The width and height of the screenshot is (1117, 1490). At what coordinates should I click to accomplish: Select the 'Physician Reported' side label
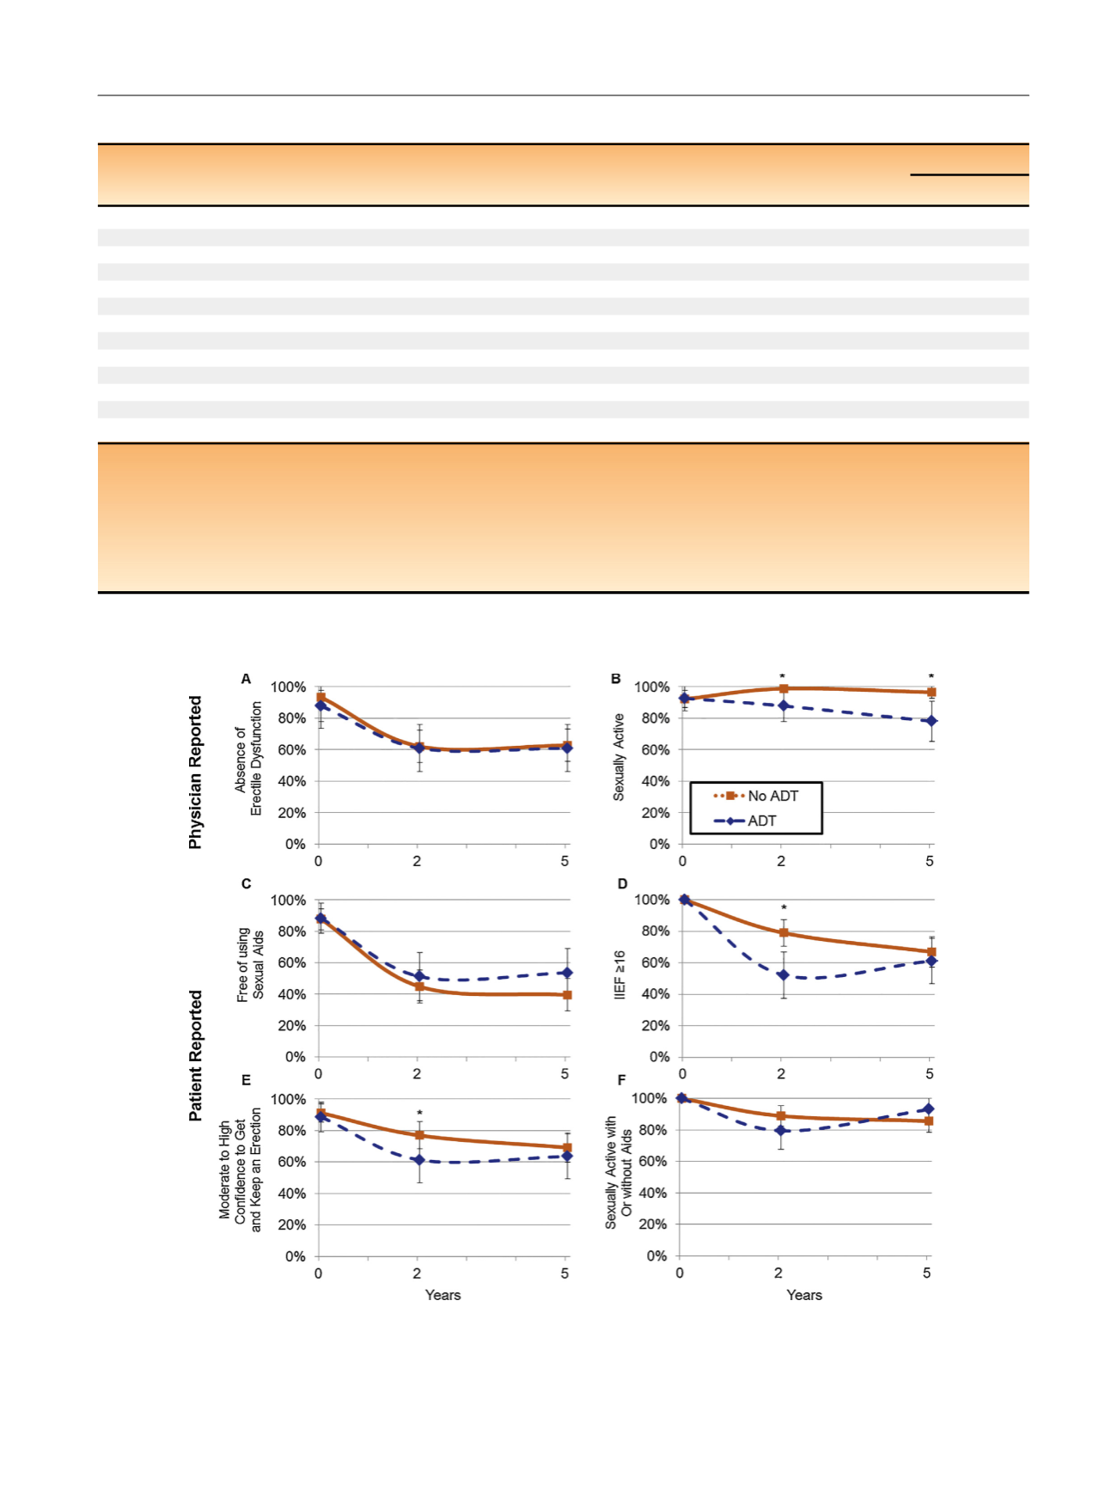(x=196, y=772)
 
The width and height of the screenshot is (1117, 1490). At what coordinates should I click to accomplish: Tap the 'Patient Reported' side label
(x=196, y=1055)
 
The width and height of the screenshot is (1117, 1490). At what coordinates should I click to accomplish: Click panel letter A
(x=246, y=679)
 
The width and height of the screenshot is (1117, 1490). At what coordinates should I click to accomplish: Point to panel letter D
(x=622, y=883)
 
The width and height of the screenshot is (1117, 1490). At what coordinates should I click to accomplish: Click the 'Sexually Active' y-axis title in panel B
(x=619, y=757)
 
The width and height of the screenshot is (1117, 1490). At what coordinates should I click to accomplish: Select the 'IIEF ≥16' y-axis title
(x=620, y=975)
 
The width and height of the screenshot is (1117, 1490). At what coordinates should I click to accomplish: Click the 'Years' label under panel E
(x=443, y=1295)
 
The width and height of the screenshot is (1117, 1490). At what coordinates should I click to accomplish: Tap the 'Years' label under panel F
(x=804, y=1295)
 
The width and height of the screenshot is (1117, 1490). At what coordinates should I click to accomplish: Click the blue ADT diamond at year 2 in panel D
(x=783, y=975)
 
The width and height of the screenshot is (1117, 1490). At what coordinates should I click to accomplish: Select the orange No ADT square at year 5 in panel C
(x=567, y=995)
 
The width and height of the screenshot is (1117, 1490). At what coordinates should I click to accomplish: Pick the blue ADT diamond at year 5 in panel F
(x=928, y=1108)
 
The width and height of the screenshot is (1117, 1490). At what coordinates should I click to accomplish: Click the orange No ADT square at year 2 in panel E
(x=419, y=1135)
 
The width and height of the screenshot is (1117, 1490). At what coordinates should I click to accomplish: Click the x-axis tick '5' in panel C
(x=565, y=1073)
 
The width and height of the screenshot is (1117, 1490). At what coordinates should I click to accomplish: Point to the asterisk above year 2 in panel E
(x=419, y=1114)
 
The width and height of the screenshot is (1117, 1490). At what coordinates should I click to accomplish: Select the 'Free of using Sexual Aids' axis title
(x=250, y=964)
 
